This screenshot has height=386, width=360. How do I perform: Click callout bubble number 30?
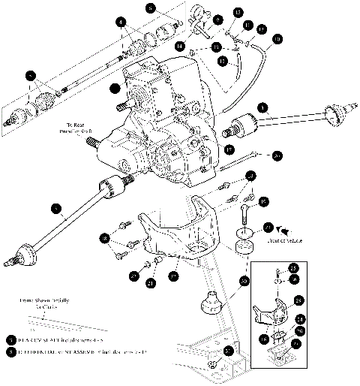(244, 281)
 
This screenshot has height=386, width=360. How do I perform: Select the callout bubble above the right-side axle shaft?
(260, 107)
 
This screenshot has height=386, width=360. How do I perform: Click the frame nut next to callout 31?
(213, 365)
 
